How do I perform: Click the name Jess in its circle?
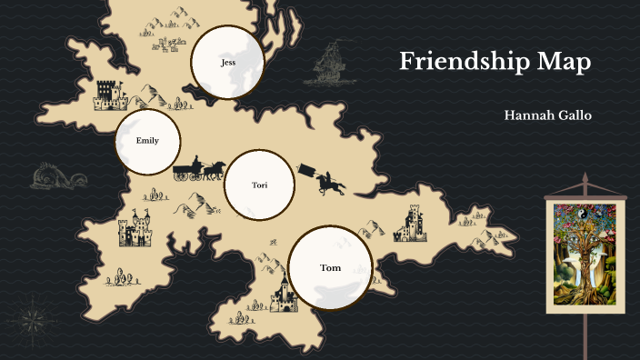point(228,63)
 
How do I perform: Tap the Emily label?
point(147,141)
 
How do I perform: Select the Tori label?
point(260,185)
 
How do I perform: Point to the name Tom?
point(331,268)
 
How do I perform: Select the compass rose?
point(33,319)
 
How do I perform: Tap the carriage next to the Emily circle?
point(188,169)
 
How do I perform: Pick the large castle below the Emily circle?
point(135,230)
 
